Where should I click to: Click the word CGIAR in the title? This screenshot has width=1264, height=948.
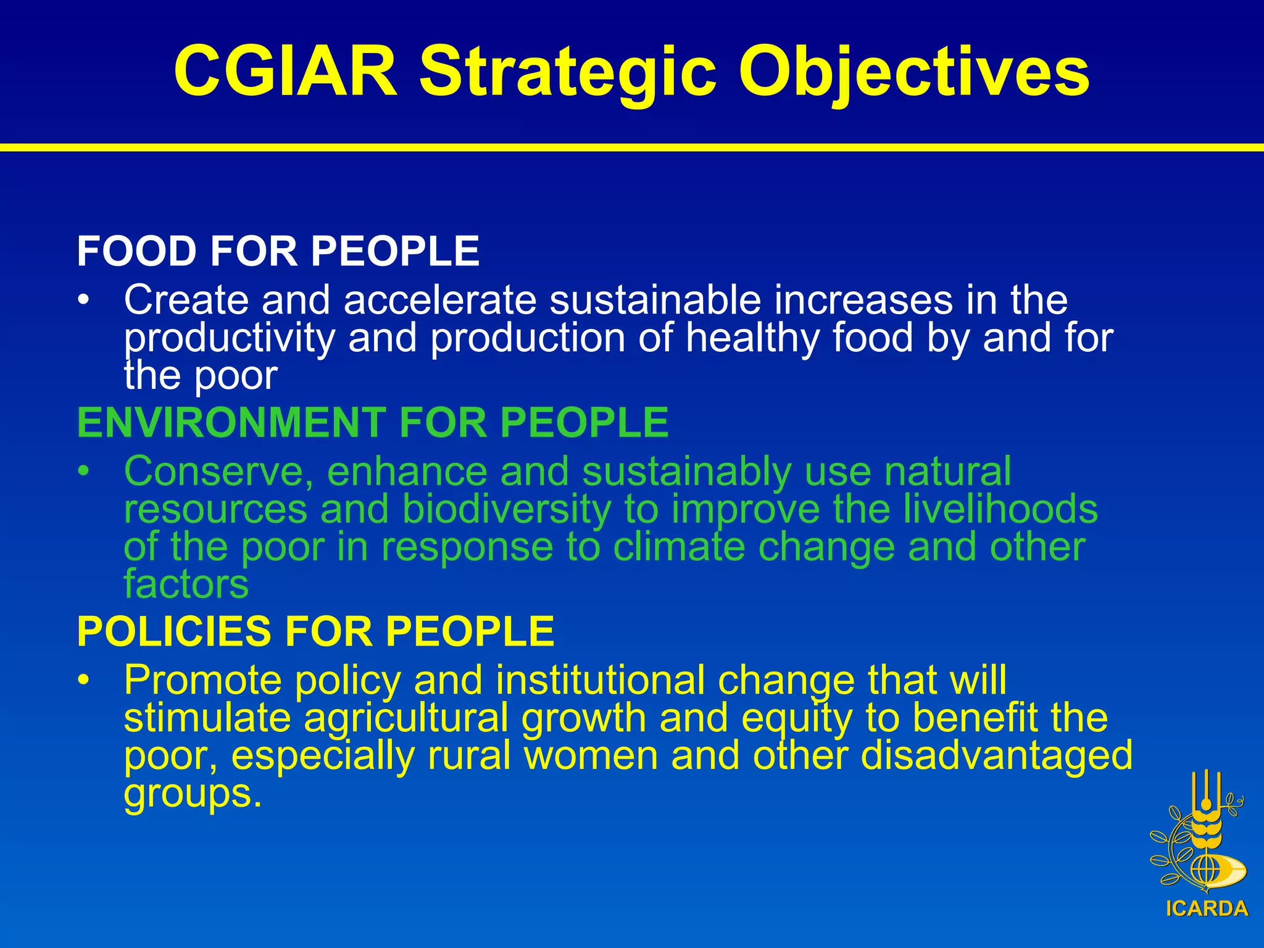tap(285, 72)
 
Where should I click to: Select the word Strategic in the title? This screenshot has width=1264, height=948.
tap(568, 72)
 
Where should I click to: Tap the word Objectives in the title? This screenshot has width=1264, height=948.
tap(913, 72)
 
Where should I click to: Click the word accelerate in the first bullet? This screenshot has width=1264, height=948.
tap(440, 300)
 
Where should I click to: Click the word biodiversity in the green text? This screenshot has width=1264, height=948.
tap(506, 509)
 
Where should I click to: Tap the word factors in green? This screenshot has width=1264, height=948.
tap(186, 584)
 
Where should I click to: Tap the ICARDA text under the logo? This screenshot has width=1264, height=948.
tap(1207, 909)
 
